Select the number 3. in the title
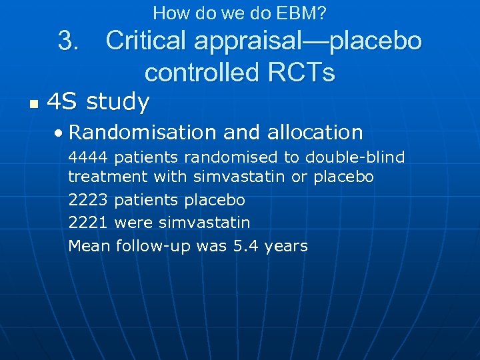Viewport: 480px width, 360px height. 69,41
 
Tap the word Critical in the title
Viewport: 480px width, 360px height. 146,41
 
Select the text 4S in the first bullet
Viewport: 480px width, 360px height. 61,102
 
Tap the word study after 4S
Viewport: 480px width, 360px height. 117,102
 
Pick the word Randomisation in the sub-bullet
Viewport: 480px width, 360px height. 143,132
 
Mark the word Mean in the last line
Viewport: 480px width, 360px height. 89,246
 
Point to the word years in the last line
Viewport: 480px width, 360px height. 286,247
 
